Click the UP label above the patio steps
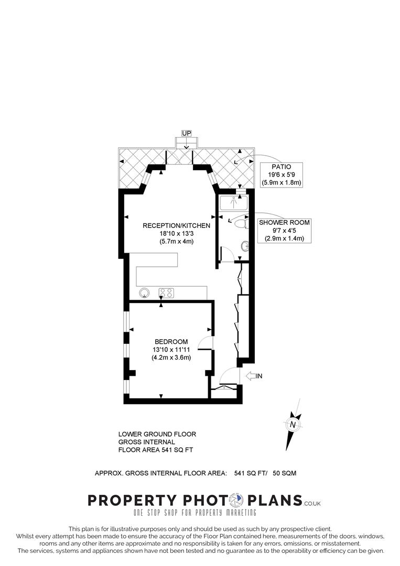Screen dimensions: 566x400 (186, 133)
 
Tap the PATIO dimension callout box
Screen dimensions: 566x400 (283, 175)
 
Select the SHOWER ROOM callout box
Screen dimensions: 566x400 (284, 231)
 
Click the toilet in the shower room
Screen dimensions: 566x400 (241, 224)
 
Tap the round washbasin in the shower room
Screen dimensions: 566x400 (245, 245)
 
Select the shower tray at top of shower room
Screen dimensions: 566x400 (234, 202)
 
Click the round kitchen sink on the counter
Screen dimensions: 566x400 (143, 292)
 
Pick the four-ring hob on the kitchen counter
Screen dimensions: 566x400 (166, 293)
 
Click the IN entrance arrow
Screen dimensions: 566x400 (254, 376)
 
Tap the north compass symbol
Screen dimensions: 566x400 (293, 423)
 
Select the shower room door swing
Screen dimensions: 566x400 (226, 254)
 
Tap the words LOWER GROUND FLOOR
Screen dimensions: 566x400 (157, 434)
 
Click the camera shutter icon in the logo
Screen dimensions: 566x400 (239, 500)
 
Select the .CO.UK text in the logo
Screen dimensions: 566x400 (312, 504)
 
